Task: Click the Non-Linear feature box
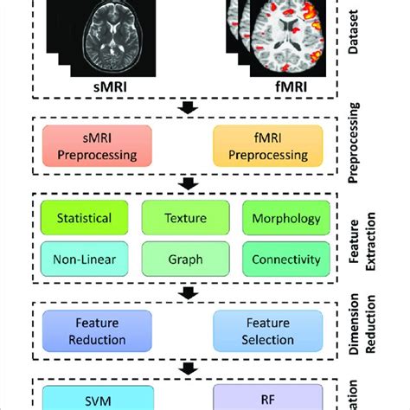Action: (83, 259)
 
